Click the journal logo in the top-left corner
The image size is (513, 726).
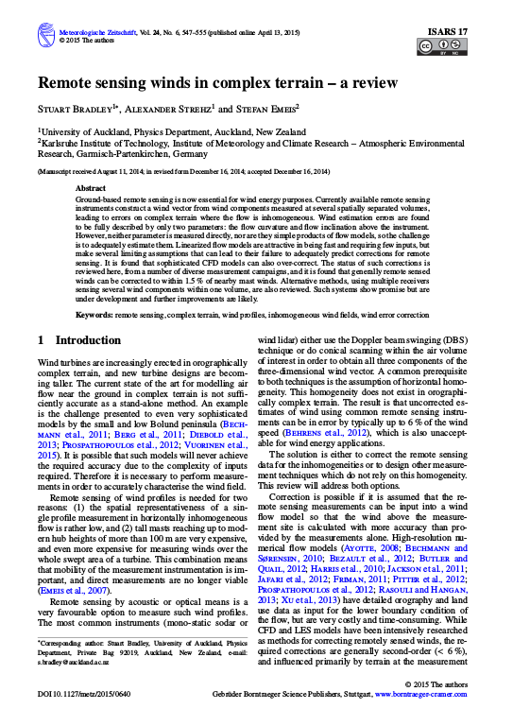click(44, 36)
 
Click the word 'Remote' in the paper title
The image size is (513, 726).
click(70, 83)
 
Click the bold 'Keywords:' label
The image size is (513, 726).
click(97, 312)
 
